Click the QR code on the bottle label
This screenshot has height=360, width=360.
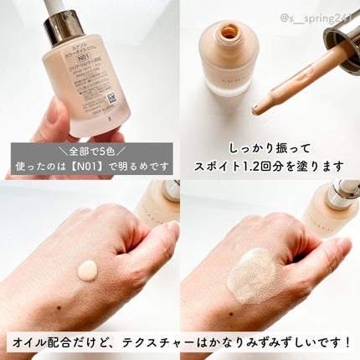click(111, 97)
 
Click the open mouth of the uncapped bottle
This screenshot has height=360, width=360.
click(229, 33)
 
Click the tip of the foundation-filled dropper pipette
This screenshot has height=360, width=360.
click(259, 110)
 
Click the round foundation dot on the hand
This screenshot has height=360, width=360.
click(87, 270)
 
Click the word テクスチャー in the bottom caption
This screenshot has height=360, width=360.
click(181, 343)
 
